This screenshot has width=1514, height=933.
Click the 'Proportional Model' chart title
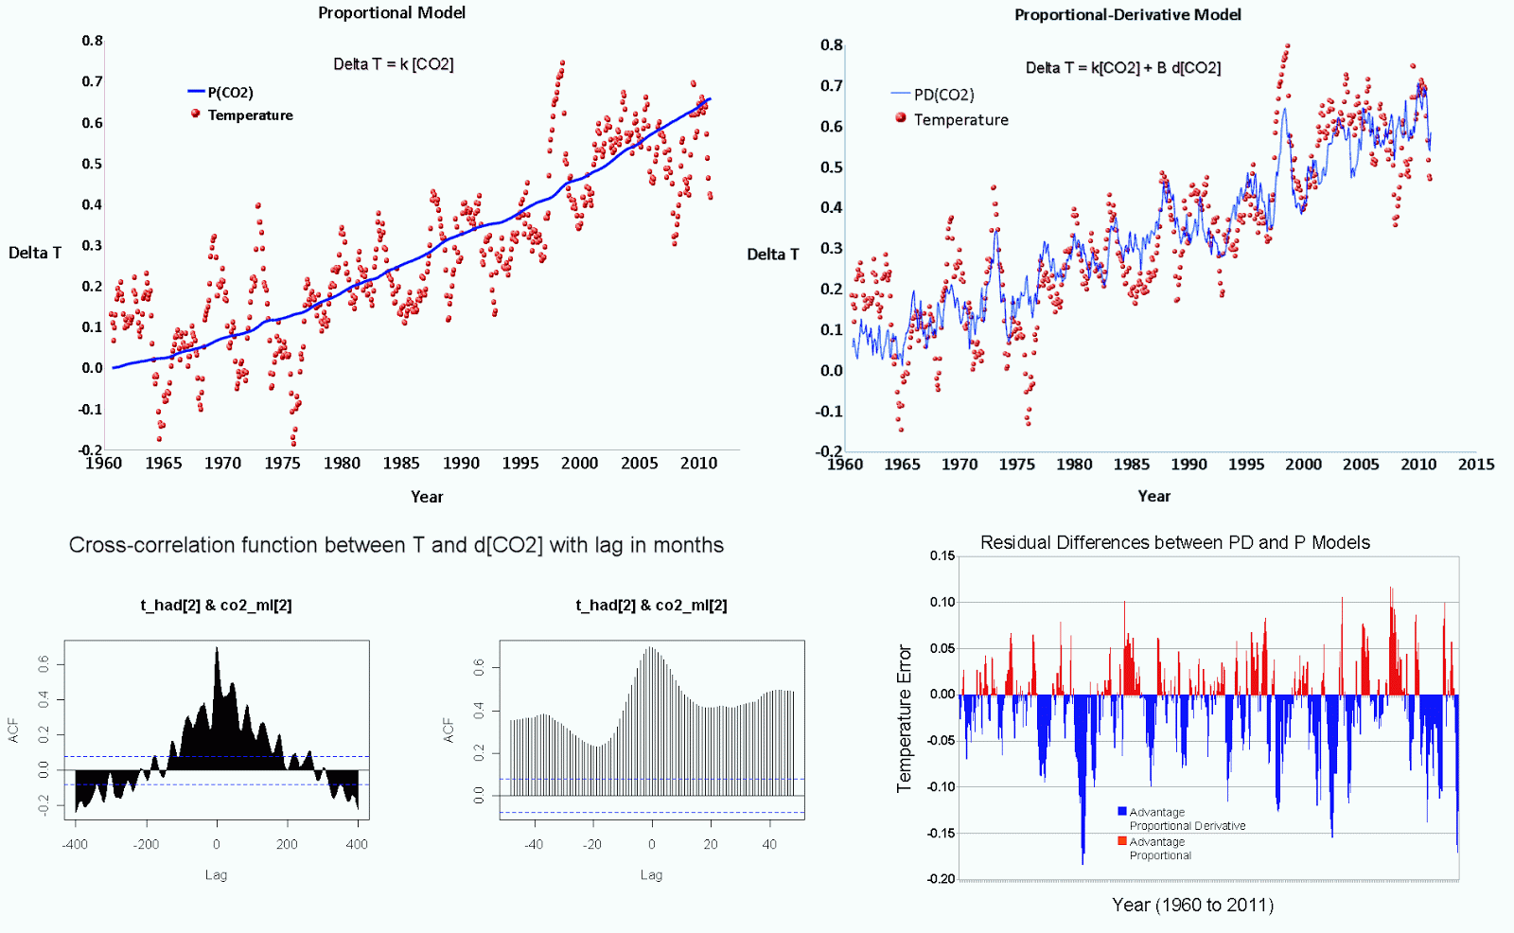[392, 12]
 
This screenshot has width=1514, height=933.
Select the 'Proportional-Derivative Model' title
[1127, 14]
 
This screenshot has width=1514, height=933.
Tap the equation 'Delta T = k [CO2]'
[393, 64]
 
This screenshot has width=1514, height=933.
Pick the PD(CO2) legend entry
[943, 95]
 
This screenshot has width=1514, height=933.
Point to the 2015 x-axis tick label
[1475, 465]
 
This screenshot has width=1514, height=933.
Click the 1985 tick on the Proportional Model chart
[401, 464]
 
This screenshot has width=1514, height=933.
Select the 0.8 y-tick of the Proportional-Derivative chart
[831, 44]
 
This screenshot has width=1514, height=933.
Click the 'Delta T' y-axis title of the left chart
[35, 253]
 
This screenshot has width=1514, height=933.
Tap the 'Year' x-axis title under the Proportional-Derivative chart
[1153, 496]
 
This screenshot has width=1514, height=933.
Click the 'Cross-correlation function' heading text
[396, 545]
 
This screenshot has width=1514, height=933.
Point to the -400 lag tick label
[75, 844]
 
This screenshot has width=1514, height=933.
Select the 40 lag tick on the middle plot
[769, 844]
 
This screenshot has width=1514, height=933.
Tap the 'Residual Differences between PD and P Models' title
[1174, 542]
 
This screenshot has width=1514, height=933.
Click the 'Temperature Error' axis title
[905, 718]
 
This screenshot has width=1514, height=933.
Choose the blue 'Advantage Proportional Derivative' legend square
[1122, 812]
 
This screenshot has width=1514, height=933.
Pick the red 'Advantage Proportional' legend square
[1122, 841]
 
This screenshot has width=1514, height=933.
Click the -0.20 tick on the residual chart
[942, 878]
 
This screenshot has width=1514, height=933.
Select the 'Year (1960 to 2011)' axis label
[1192, 905]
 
